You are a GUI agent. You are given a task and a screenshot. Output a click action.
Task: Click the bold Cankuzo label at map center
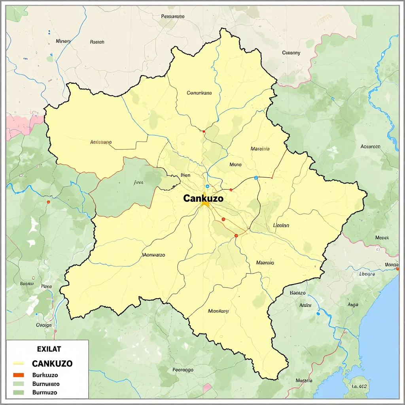coord(203,199)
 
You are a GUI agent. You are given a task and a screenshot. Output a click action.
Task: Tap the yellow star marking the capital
coord(205,204)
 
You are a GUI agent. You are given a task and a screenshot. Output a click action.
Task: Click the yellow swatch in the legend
coord(19,363)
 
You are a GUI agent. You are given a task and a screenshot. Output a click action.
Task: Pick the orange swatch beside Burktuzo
coord(19,375)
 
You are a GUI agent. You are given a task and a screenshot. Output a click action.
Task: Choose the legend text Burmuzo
coord(45,392)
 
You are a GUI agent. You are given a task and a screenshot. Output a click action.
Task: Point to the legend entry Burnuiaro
coord(46,384)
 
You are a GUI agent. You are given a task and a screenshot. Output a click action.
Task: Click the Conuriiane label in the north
coord(199,93)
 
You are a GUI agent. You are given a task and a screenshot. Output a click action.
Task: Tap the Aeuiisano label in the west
coord(101,142)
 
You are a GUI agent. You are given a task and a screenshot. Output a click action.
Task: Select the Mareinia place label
coord(260,149)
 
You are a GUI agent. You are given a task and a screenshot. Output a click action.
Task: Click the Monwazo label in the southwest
coord(153,255)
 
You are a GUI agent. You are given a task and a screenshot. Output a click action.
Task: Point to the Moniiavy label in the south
coord(218,311)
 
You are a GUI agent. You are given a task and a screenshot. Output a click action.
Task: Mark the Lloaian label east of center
coord(281,225)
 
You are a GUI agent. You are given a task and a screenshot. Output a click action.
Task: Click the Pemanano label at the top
coord(173,17)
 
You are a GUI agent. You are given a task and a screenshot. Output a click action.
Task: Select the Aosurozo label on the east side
coord(370,146)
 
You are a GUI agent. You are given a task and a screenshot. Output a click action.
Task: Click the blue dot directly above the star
coord(207,186)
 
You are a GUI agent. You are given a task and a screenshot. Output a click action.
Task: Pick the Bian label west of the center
coord(185,175)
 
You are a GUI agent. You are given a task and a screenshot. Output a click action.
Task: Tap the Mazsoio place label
coord(265,263)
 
